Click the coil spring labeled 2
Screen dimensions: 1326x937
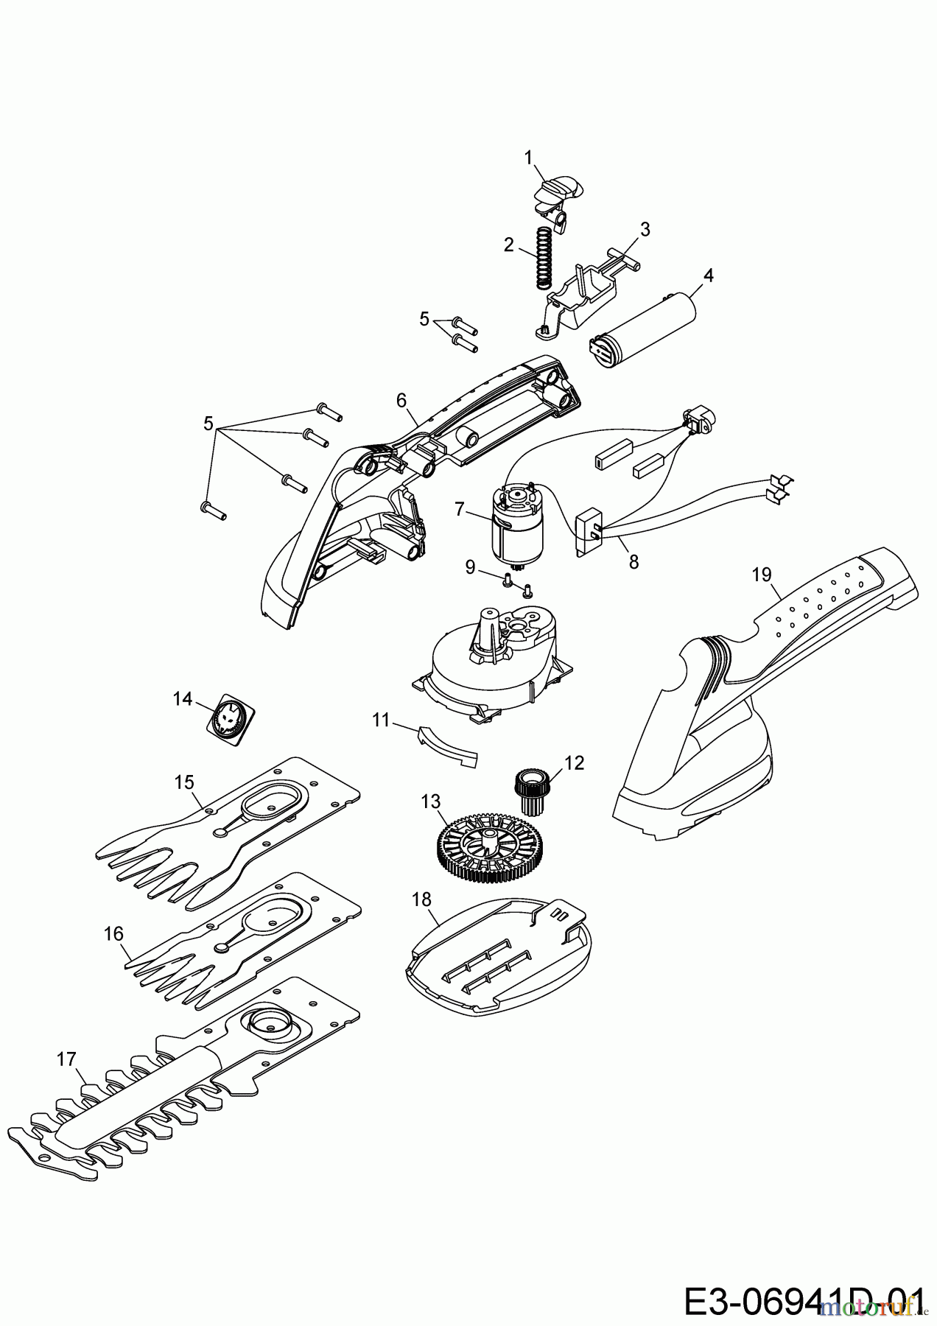coord(543,256)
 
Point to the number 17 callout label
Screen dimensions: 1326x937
coord(66,1059)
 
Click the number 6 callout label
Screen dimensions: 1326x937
coord(401,400)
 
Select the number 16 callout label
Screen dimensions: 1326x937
coord(113,933)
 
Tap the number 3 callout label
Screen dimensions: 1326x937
coord(645,228)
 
